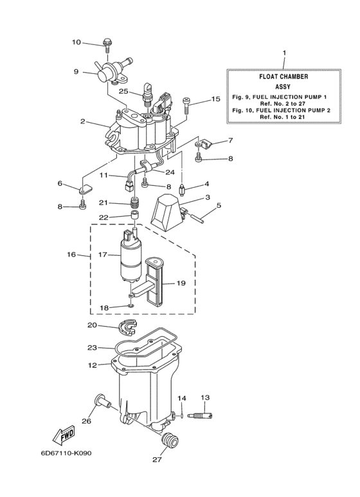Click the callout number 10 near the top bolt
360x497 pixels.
click(76, 42)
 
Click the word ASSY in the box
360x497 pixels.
click(283, 86)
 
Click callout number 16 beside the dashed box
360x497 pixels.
click(71, 255)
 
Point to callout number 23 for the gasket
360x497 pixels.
click(93, 347)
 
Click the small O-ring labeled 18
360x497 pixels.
click(131, 306)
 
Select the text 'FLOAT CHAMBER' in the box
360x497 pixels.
click(283, 76)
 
